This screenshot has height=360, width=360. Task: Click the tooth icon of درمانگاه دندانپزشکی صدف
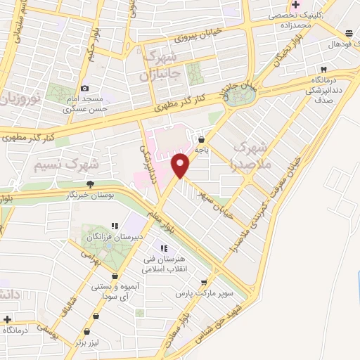tap(324, 70)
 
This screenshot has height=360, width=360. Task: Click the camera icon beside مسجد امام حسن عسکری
tap(85, 89)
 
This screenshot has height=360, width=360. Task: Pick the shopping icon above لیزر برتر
tap(86, 331)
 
